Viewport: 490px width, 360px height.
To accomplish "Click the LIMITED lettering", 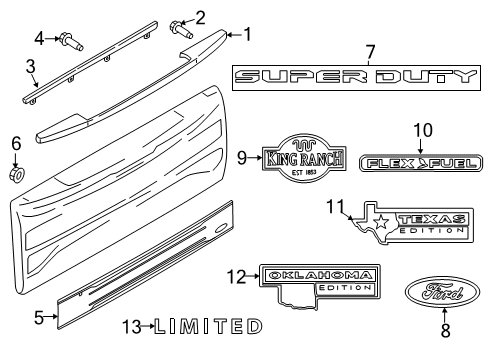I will (209, 326).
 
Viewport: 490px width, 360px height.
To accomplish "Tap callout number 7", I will (369, 50).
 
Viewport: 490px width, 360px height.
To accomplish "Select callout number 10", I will (422, 129).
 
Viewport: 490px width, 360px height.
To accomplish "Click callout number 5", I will (39, 318).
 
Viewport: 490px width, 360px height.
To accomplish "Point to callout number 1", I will (247, 33).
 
